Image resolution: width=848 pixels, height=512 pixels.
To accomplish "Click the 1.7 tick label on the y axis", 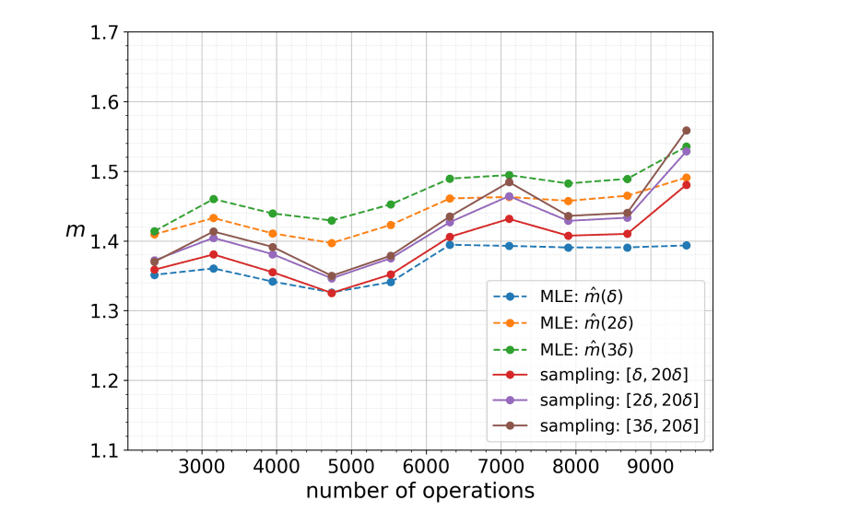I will [104, 33].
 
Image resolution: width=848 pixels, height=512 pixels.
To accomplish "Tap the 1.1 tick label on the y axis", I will [104, 451].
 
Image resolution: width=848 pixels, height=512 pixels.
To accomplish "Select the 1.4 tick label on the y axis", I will [104, 242].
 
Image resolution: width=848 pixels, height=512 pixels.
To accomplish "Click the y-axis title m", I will [75, 230].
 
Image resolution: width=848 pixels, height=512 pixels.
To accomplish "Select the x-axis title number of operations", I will [420, 490].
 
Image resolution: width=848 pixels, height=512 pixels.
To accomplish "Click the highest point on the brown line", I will [686, 131].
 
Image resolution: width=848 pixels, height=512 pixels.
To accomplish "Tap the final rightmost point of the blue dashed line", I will [686, 245].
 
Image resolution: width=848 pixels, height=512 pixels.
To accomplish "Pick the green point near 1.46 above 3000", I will [213, 199].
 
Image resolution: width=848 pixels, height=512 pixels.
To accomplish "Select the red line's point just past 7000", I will [508, 218].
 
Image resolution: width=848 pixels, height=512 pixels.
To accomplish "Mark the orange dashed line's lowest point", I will [331, 243].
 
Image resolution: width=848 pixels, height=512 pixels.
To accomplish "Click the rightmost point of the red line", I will [686, 185].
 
